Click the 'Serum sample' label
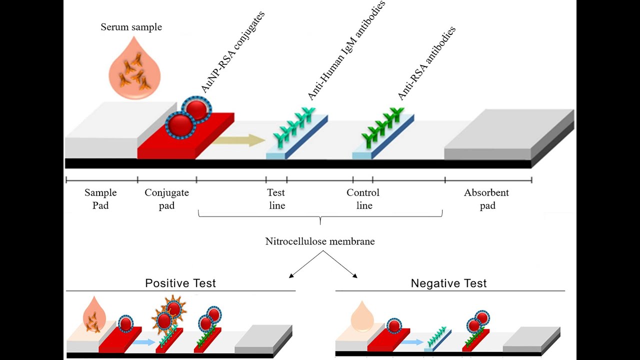point(131,27)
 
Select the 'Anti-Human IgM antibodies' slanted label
point(346,50)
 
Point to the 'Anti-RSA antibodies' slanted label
point(426,63)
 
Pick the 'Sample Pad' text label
point(100,199)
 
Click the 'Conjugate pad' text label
point(166,199)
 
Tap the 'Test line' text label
point(276,199)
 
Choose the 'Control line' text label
point(363,199)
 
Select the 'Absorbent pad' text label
point(486,199)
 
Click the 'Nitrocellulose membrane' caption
point(320,241)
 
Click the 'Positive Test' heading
point(180,283)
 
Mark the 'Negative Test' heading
point(448,283)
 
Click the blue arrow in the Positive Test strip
point(144,342)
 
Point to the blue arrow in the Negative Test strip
point(412,342)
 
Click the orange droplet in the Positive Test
point(94,315)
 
